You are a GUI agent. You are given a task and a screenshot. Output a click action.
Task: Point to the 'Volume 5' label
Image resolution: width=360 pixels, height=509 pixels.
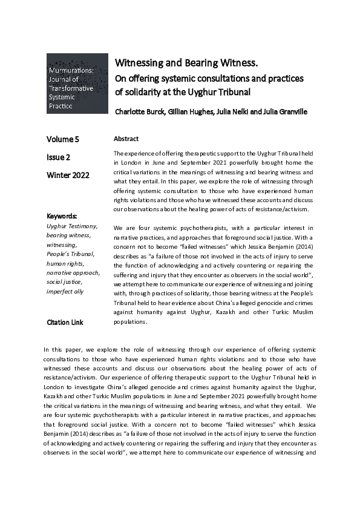coord(66,139)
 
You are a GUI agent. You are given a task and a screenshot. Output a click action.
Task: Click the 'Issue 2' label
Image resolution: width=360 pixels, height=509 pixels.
coord(59,157)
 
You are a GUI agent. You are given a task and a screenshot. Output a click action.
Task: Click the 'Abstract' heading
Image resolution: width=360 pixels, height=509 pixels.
coord(126,139)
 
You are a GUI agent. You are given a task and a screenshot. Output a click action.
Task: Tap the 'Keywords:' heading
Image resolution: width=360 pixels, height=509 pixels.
coord(62,216)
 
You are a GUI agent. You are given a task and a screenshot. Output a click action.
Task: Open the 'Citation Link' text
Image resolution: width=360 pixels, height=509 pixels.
coord(65,323)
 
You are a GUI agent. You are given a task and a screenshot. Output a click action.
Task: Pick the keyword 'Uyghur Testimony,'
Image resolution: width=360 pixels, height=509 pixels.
coord(72,226)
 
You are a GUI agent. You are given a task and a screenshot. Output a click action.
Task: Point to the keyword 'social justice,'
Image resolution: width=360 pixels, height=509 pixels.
coord(67,282)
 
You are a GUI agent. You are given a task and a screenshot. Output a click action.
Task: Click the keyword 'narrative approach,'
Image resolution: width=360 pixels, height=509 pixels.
coord(74,272)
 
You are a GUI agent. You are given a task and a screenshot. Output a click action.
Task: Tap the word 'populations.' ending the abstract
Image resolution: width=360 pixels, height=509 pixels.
coord(130,322)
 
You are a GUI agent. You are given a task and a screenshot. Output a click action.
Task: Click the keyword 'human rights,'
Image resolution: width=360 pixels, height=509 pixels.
coord(66,263)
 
